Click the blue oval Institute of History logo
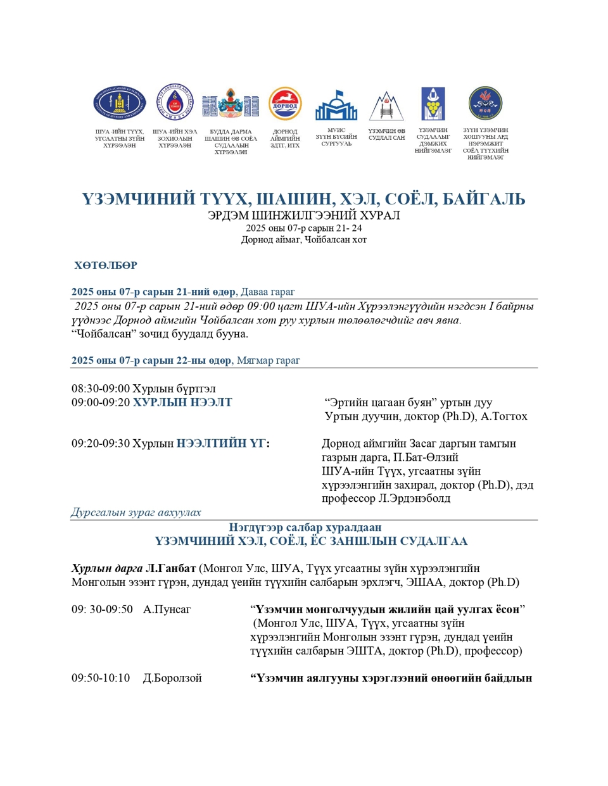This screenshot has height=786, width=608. click(120, 104)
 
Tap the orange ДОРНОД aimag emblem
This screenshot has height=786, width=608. click(285, 104)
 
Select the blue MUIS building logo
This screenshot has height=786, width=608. click(336, 106)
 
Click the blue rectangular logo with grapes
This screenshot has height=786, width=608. click(433, 104)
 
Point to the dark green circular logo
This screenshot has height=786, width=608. click(485, 103)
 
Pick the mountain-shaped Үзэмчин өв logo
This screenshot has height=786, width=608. click(386, 106)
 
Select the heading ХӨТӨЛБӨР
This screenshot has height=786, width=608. click(106, 265)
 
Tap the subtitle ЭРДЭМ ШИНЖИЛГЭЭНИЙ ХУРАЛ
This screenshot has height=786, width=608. click(304, 215)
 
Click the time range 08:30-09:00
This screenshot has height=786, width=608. click(100, 389)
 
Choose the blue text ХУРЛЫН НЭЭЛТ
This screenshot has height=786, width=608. click(182, 402)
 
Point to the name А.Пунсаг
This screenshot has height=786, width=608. click(167, 609)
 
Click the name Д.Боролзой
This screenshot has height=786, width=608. click(172, 678)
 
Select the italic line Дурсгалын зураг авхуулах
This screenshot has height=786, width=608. click(136, 513)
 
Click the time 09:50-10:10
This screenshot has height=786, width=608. click(101, 678)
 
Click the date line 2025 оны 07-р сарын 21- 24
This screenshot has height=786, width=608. click(304, 228)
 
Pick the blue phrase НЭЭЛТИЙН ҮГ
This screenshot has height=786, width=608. click(220, 444)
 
